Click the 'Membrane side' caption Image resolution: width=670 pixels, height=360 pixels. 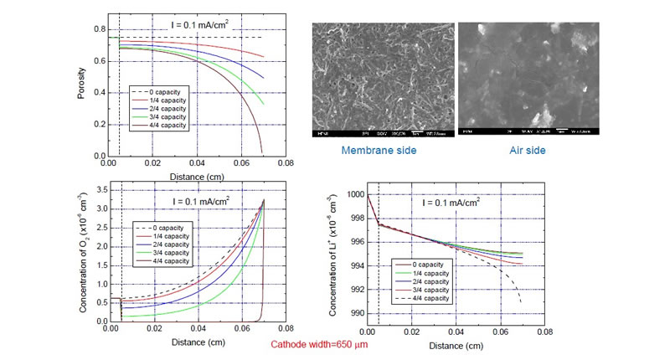point(362,152)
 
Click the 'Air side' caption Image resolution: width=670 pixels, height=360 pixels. point(528,152)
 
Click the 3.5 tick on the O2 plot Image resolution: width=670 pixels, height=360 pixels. point(100,192)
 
